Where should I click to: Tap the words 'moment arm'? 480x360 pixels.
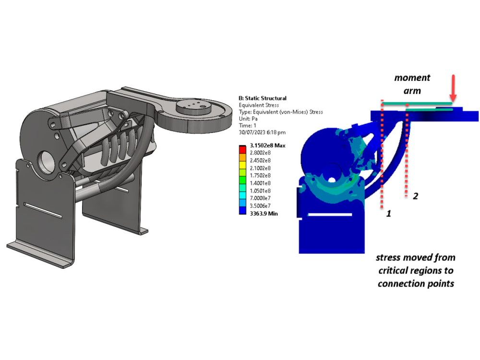pyautogui.click(x=412, y=84)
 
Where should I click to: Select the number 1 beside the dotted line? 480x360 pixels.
pyautogui.click(x=388, y=214)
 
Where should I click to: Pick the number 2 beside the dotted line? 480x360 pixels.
pyautogui.click(x=416, y=196)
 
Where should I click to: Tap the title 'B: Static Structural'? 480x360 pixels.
pyautogui.click(x=263, y=98)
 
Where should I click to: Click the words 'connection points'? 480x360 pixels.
pyautogui.click(x=416, y=283)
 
